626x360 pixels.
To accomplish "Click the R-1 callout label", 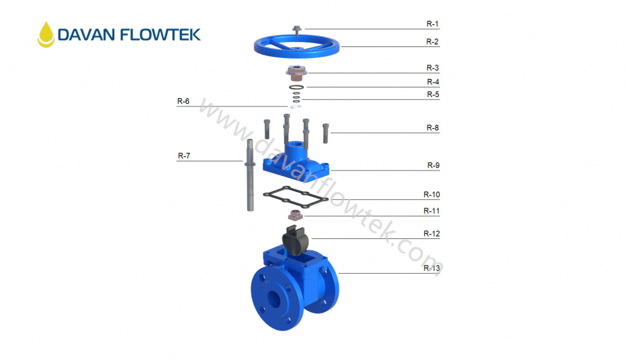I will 432,24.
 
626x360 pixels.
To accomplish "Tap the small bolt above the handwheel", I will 297,28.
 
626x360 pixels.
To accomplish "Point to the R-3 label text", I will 432,68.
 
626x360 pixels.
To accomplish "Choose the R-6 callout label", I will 183,101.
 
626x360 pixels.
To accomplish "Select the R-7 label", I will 184,156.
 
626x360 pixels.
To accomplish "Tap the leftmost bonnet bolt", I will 267,130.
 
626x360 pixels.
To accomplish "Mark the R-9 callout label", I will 432,165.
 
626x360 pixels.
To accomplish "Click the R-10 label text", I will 432,194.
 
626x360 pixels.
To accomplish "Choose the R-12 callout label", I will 432,233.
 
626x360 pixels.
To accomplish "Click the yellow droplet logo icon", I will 46,34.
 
